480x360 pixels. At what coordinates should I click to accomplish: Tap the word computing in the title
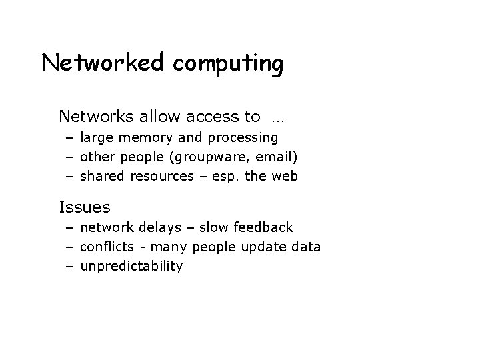click(229, 65)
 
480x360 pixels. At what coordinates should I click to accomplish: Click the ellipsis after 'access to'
click(277, 119)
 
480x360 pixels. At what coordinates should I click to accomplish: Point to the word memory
click(148, 139)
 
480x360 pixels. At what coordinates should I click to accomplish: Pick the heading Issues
click(85, 207)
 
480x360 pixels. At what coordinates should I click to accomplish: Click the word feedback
click(263, 228)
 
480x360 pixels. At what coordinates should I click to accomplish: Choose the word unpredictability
click(131, 267)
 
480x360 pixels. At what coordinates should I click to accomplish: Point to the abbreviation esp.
click(237, 177)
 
